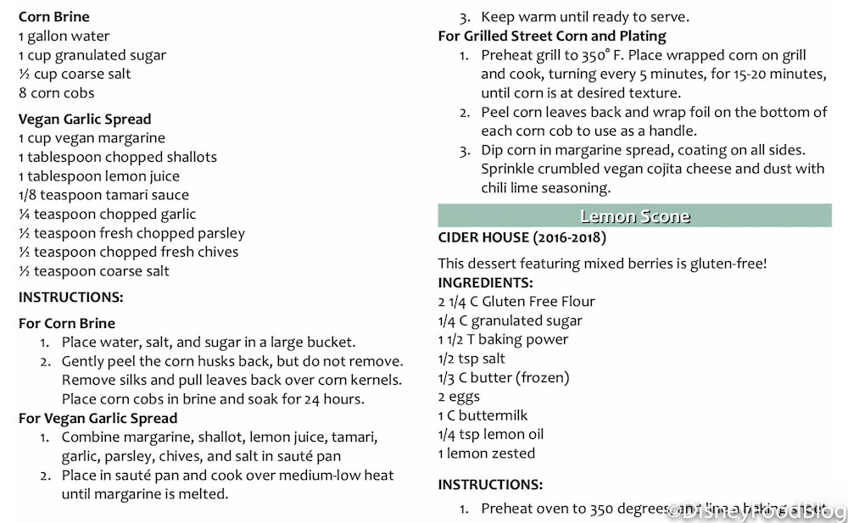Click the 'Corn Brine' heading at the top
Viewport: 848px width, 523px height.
pos(53,17)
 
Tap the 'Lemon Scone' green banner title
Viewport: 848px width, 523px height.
pos(634,216)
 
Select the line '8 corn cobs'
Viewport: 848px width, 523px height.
pos(56,93)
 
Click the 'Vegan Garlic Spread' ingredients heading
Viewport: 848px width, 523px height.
pos(85,120)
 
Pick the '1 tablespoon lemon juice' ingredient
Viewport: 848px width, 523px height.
pos(98,176)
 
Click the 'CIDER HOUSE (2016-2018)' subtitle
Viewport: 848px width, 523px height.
pos(522,238)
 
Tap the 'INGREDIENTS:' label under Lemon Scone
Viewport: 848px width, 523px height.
pos(486,283)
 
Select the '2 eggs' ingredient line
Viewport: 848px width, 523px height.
pos(459,397)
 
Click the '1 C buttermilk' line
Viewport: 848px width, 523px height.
pos(483,415)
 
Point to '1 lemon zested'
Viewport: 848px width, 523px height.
pos(487,453)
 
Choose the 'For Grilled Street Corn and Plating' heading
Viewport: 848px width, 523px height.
pos(552,36)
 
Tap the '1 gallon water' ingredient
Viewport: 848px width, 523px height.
pos(64,36)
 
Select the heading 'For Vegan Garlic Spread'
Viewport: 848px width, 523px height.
pos(98,419)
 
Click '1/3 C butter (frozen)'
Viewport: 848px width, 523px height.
pos(504,378)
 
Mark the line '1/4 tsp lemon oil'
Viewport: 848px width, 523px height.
pos(491,435)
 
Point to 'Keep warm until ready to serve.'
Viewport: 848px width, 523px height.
pos(584,17)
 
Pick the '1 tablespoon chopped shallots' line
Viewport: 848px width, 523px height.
pos(117,158)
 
